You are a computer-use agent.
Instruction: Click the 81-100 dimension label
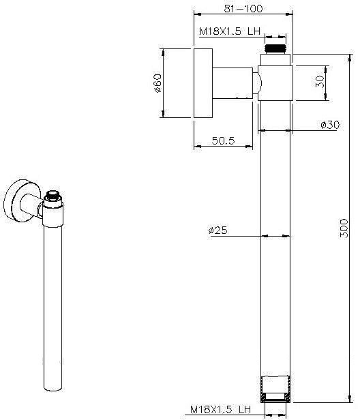tap(243, 9)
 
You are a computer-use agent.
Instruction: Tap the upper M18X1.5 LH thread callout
tap(230, 31)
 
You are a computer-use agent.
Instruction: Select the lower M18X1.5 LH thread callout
tap(220, 409)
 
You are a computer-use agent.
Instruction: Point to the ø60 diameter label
tap(157, 83)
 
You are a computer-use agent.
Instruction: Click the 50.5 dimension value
tap(223, 140)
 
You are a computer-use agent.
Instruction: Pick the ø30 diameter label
tap(330, 125)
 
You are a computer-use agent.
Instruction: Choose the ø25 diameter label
tap(217, 230)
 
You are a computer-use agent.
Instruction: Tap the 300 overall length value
tap(344, 228)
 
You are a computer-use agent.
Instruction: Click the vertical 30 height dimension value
tap(320, 81)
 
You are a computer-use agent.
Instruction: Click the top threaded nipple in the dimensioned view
tap(275, 49)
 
